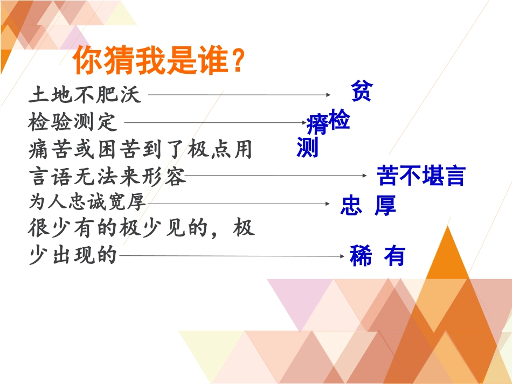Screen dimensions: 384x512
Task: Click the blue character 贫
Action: point(361,91)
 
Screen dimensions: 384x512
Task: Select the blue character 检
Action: point(339,119)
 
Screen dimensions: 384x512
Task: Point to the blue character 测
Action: point(307,147)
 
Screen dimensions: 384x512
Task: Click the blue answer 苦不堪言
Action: point(420,176)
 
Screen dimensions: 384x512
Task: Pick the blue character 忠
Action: point(351,205)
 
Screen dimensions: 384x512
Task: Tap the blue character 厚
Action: point(385,205)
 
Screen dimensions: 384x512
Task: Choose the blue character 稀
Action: point(361,256)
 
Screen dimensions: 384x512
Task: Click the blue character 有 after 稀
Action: point(394,256)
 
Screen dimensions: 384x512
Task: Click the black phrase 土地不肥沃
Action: point(85,95)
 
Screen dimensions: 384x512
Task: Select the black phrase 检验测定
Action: point(73,122)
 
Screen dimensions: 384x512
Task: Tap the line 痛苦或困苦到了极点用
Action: point(140,149)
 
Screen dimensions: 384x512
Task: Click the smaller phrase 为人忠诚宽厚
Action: point(87,203)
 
